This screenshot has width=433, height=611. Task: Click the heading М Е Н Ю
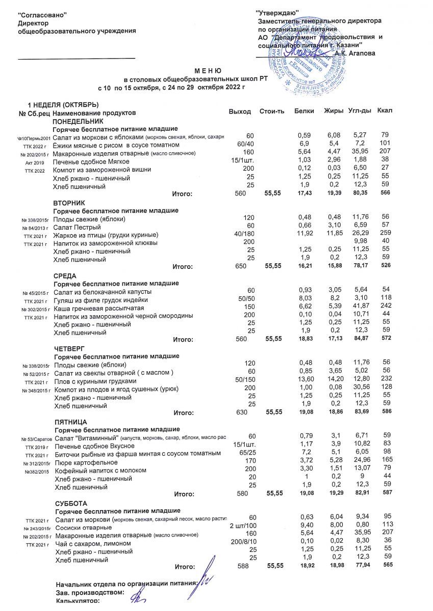(x=208, y=71)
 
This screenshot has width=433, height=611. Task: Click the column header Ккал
(x=385, y=111)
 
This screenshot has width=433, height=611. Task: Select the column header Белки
(x=304, y=111)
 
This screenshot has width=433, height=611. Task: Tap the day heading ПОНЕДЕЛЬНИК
(x=78, y=122)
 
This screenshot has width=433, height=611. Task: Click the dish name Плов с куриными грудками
(x=95, y=381)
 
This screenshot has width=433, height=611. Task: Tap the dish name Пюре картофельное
(x=86, y=462)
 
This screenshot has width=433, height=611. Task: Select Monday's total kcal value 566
(x=385, y=194)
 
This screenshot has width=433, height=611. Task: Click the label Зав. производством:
(x=89, y=593)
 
